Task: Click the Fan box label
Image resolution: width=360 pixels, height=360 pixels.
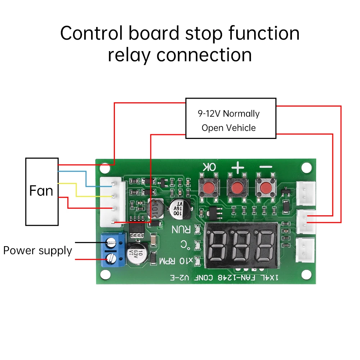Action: pos(41,191)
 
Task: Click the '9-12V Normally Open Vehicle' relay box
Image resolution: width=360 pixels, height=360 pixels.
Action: pos(230,118)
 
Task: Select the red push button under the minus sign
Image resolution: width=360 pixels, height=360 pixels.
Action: pos(265,187)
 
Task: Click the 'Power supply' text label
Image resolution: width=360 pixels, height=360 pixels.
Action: pos(37,250)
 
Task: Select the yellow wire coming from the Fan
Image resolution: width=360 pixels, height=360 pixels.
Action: pos(76,190)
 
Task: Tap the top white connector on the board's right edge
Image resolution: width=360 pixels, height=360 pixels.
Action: pos(306,191)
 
